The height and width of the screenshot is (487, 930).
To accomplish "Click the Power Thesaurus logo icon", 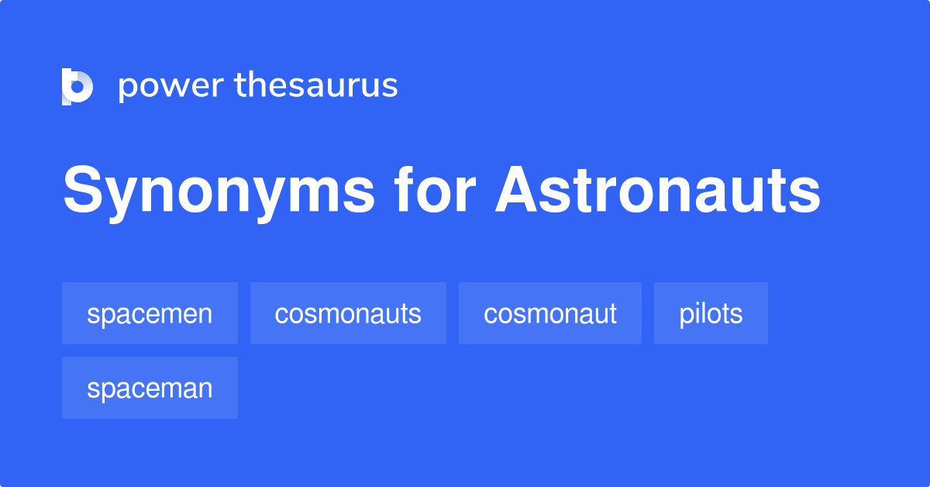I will point(77,86).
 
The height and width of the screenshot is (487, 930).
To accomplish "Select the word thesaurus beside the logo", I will point(316,86).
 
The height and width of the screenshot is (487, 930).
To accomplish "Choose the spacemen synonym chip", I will point(150,313).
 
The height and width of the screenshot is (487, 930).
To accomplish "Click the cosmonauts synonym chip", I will point(348,313).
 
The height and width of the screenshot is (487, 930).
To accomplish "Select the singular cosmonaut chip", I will point(550,313).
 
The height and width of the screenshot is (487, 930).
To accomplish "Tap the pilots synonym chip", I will point(711,313).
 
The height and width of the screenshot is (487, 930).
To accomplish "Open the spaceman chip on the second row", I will point(150,388).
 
